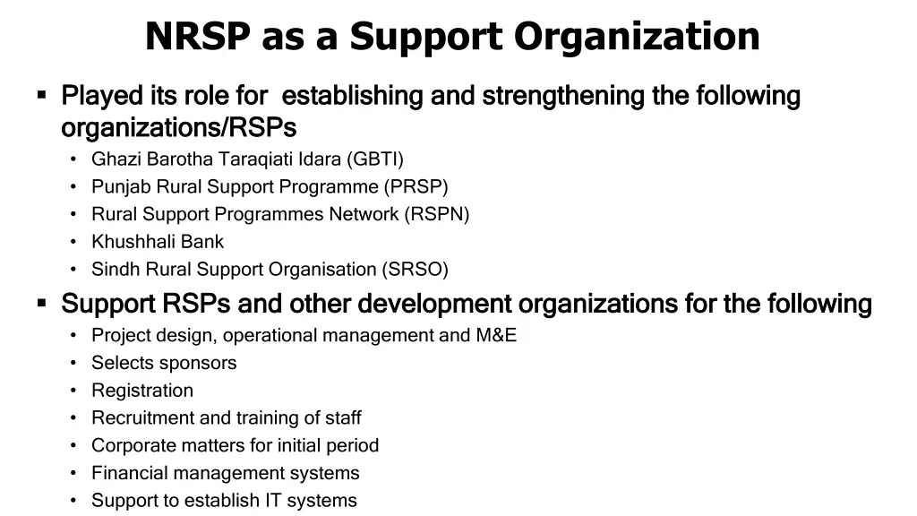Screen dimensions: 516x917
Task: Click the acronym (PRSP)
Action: pyautogui.click(x=416, y=187)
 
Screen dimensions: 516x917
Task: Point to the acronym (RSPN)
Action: pyautogui.click(x=436, y=214)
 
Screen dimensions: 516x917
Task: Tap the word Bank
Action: pyautogui.click(x=202, y=242)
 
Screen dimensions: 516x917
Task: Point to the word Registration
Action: pyautogui.click(x=142, y=391)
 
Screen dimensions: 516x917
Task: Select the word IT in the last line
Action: pyautogui.click(x=261, y=501)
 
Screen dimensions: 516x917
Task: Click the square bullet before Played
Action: pyautogui.click(x=41, y=93)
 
